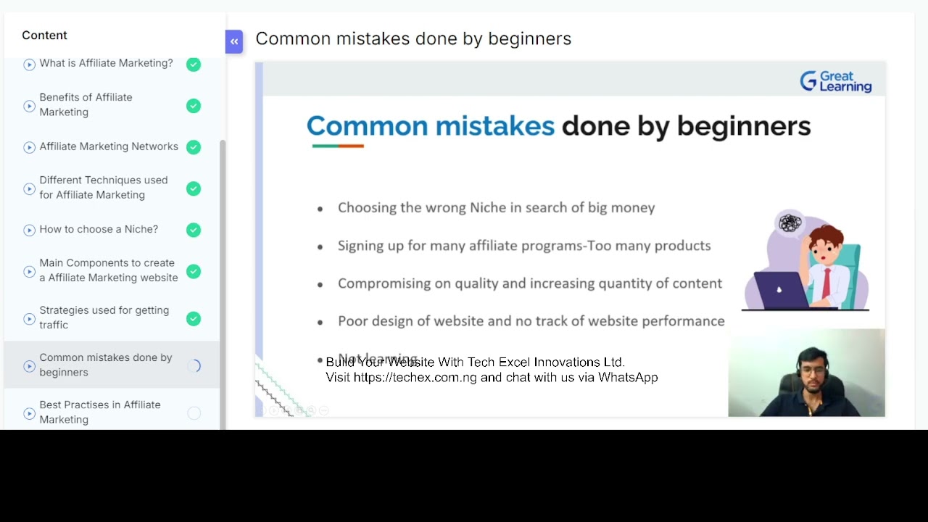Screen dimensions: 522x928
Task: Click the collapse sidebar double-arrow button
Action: (x=233, y=41)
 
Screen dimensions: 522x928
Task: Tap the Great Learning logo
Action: (x=835, y=81)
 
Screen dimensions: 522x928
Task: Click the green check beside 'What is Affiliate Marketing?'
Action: (x=194, y=65)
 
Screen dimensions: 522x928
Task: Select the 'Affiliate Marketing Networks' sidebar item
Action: (x=109, y=146)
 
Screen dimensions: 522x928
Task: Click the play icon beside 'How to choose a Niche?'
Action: (x=29, y=230)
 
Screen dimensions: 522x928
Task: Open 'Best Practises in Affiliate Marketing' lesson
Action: (x=100, y=412)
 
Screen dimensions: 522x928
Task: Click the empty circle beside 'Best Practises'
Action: (x=194, y=413)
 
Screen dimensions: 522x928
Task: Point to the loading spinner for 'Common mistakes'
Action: (x=194, y=366)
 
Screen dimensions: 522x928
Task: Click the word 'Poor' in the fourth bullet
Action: (x=352, y=321)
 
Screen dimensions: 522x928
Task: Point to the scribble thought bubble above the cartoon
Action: (x=790, y=223)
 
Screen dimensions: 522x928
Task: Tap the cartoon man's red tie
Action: (x=826, y=283)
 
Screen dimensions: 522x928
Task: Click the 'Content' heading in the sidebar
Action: (x=44, y=35)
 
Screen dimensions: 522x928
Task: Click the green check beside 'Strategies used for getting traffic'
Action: (x=194, y=318)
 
